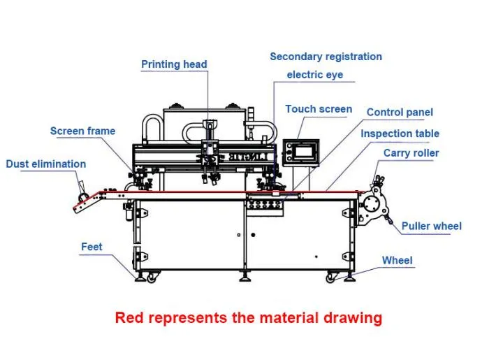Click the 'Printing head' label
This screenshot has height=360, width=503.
click(174, 64)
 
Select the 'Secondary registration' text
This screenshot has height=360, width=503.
click(326, 56)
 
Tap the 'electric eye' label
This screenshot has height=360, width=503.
click(314, 75)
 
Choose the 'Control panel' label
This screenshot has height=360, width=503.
click(400, 112)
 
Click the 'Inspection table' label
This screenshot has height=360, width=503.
click(400, 133)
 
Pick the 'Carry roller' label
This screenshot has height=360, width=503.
click(411, 152)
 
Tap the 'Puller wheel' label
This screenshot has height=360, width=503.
click(431, 226)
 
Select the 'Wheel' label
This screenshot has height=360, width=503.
click(397, 260)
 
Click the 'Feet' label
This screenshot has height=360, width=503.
click(92, 246)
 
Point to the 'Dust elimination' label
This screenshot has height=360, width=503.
click(46, 164)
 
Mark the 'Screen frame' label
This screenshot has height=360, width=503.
click(82, 131)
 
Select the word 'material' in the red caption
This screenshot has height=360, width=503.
click(291, 318)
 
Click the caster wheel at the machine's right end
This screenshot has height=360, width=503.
click(331, 278)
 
